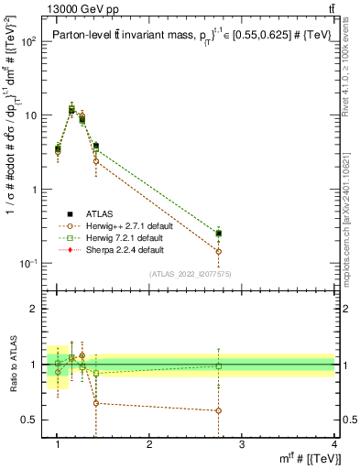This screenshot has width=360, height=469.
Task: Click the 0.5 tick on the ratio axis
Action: pyautogui.click(x=29, y=420)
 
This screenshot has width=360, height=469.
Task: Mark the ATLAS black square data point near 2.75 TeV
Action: pyautogui.click(x=218, y=234)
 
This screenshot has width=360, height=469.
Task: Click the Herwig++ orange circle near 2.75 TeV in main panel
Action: pyautogui.click(x=218, y=251)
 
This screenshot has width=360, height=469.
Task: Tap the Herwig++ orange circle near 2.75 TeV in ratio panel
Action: pyautogui.click(x=218, y=410)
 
